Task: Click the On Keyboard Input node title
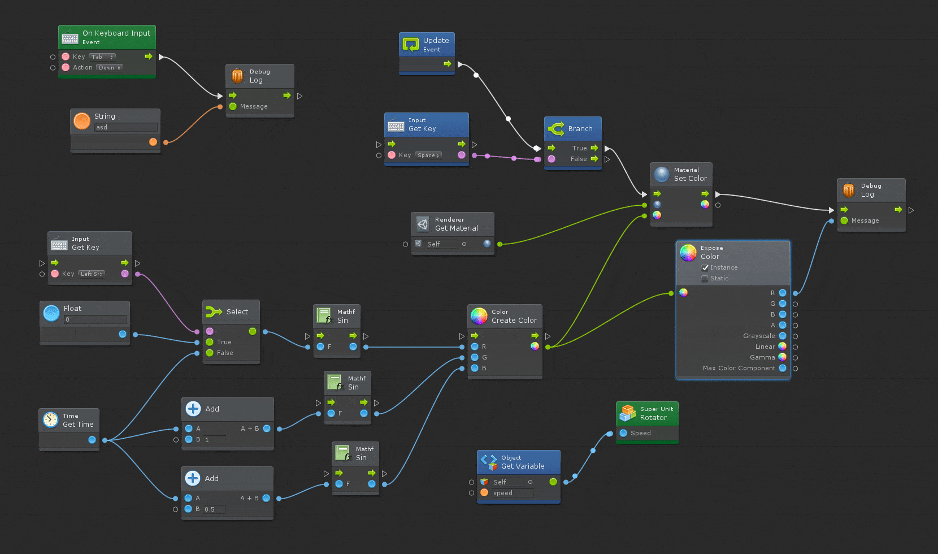click(x=116, y=33)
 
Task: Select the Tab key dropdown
click(x=102, y=57)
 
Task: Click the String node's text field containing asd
click(x=125, y=127)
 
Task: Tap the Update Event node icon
click(x=411, y=44)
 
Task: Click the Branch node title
click(x=580, y=129)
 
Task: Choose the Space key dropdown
click(x=428, y=155)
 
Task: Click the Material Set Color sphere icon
click(x=662, y=174)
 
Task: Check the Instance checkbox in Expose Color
click(x=705, y=267)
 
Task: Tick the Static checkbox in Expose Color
click(x=705, y=278)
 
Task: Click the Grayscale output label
click(x=758, y=336)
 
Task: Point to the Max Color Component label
click(x=739, y=368)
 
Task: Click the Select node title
click(x=237, y=312)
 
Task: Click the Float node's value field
click(x=94, y=319)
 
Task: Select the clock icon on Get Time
click(x=51, y=420)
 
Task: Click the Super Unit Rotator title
click(x=653, y=418)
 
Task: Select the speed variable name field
click(x=512, y=493)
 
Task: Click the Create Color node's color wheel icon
click(x=479, y=316)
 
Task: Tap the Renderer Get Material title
click(x=456, y=228)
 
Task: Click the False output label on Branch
click(x=578, y=159)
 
